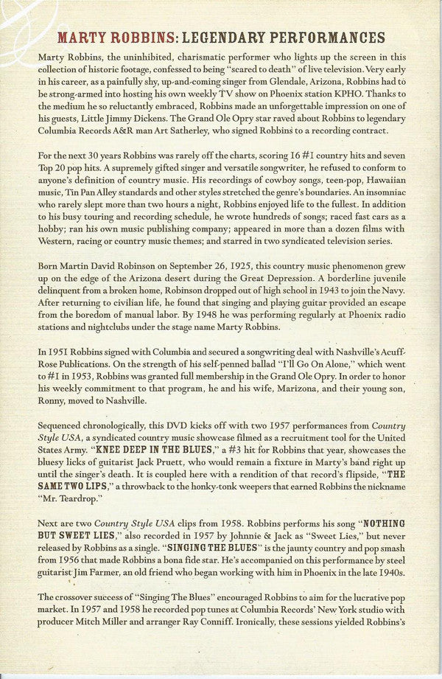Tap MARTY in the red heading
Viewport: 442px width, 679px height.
click(87, 38)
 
